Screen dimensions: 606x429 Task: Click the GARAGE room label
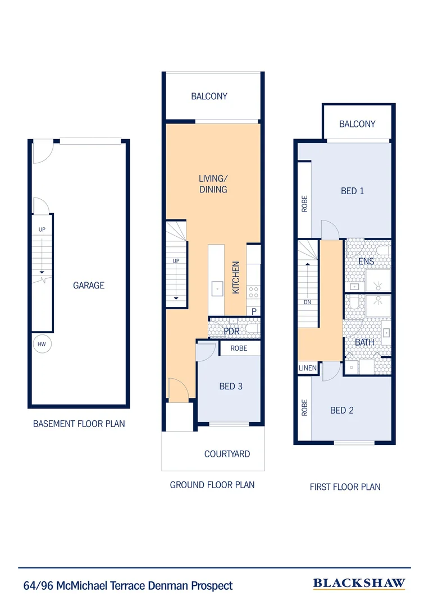(x=89, y=286)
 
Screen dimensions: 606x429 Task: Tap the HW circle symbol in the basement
(x=42, y=344)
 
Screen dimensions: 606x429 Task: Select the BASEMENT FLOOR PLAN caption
(x=79, y=424)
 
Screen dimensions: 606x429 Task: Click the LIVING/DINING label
(x=213, y=184)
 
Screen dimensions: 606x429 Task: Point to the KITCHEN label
(x=236, y=277)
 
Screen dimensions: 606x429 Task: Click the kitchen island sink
(x=217, y=289)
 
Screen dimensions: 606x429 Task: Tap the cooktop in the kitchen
(x=253, y=292)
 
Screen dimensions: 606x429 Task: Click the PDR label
(x=231, y=331)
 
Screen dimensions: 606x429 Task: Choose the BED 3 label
(x=230, y=386)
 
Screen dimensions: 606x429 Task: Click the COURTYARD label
(x=227, y=454)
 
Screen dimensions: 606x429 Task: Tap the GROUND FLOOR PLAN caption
(x=212, y=484)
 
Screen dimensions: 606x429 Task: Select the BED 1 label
(x=352, y=191)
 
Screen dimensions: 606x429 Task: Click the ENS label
(x=366, y=261)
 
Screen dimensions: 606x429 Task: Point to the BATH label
(x=364, y=342)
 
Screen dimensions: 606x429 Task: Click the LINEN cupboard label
(x=308, y=369)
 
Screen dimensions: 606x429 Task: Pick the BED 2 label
(x=341, y=410)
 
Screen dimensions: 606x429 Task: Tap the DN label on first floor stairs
(x=307, y=301)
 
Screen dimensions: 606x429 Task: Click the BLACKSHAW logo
(x=359, y=584)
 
